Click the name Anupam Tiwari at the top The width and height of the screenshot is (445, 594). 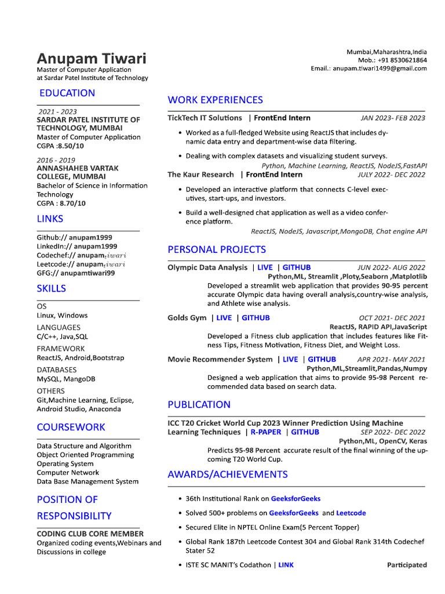click(x=92, y=59)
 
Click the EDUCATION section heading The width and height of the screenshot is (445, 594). click(x=67, y=93)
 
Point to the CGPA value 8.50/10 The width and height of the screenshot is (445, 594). click(x=70, y=146)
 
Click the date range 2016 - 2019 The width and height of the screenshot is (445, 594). click(x=57, y=160)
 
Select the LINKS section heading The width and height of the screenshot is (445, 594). click(x=50, y=219)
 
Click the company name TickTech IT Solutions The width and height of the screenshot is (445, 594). click(x=205, y=118)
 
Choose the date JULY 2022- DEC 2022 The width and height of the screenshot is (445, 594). click(x=391, y=174)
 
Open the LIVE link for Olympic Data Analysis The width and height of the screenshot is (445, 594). click(x=265, y=267)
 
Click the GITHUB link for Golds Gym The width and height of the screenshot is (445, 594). click(x=256, y=318)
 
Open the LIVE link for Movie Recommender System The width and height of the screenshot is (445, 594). click(x=290, y=360)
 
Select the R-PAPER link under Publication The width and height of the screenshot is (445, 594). click(x=266, y=432)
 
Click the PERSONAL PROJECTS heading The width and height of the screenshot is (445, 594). click(x=217, y=249)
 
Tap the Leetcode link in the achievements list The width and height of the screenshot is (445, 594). click(x=351, y=513)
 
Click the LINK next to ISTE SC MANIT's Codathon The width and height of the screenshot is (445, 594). click(x=286, y=565)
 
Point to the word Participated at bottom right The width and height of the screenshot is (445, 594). click(x=407, y=565)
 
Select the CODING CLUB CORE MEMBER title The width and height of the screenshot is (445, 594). click(x=90, y=534)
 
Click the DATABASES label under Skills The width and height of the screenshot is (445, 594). click(x=57, y=370)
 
